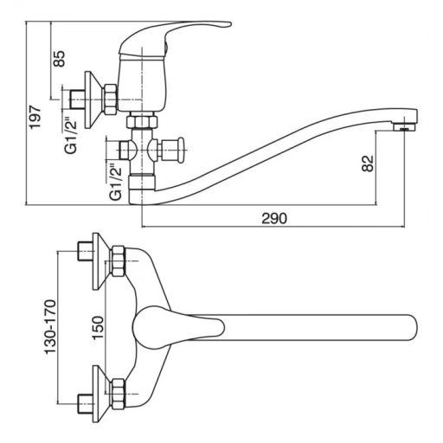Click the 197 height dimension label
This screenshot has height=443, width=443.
point(35,117)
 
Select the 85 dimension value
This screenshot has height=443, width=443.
point(60,59)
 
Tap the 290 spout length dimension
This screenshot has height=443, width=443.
point(274,218)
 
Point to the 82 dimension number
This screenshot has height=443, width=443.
point(368,164)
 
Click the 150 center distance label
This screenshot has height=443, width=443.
point(98,328)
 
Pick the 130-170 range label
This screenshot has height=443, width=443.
point(50,327)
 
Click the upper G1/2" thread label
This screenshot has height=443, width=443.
point(71,135)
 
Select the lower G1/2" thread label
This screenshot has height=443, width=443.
point(116,182)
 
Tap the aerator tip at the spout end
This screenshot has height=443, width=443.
point(406,127)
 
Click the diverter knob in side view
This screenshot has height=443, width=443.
point(181,150)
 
